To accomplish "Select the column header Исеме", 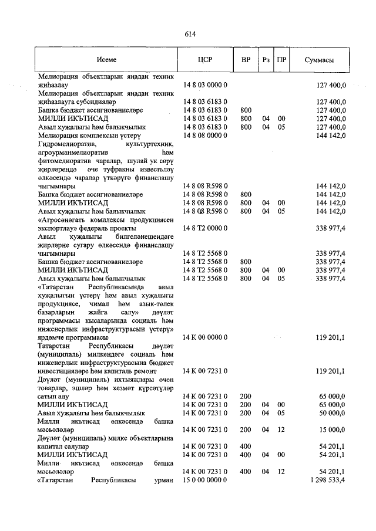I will pos(106,60).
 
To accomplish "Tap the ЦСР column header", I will pos(205,60).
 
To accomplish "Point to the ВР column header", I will pos(246,60).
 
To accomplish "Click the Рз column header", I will pos(266,60).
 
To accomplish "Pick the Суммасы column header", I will pos(320,60).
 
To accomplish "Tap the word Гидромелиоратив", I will pos(66,143).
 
